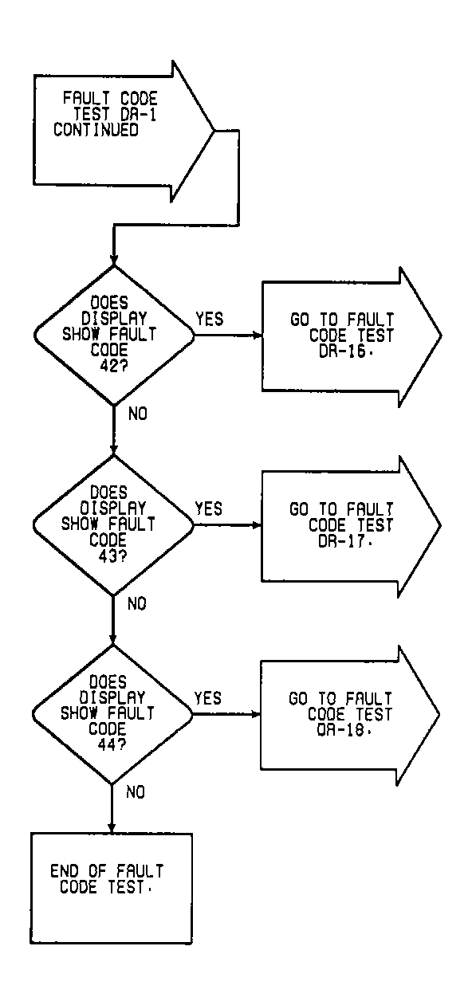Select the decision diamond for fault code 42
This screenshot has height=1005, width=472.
point(112,336)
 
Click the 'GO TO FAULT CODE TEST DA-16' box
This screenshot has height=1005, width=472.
point(343,336)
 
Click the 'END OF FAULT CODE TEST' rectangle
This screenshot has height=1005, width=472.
point(111,886)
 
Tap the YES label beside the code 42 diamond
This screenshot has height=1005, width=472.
point(209,320)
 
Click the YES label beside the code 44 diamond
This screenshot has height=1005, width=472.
point(208,699)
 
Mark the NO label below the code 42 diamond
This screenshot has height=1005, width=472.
point(136,414)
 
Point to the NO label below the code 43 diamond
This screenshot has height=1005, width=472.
point(136,603)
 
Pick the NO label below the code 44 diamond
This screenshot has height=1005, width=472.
point(136,793)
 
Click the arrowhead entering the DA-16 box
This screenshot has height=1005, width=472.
point(257,336)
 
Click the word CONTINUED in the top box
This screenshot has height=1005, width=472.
point(96,130)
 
